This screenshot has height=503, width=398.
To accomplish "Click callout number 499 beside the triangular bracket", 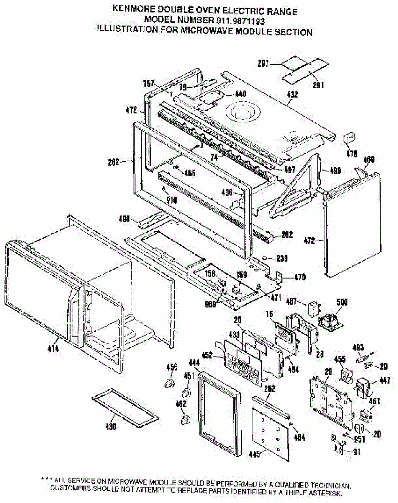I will (336, 171).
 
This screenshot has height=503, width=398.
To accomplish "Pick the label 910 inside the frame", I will (172, 200).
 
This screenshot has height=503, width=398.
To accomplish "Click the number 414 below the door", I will (54, 348).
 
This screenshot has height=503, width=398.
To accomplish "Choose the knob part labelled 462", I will (184, 419).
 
